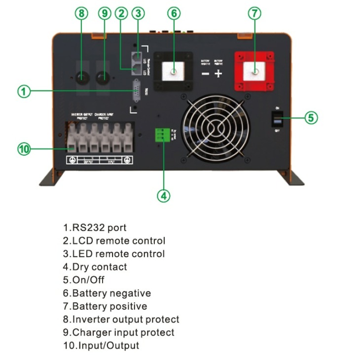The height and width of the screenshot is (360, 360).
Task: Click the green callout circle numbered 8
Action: click(x=81, y=13)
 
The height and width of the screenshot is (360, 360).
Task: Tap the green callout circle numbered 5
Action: click(x=310, y=118)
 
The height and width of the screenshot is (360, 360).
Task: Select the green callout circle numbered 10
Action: click(x=24, y=149)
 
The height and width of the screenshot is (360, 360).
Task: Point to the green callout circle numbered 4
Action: click(x=164, y=195)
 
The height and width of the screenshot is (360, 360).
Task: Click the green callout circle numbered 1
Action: click(x=24, y=91)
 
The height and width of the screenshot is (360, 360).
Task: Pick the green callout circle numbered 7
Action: click(x=254, y=13)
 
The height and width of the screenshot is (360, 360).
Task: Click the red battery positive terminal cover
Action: click(x=254, y=72)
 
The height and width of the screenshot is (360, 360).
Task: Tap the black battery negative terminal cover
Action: click(x=174, y=72)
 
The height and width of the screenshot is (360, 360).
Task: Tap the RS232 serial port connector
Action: click(x=135, y=92)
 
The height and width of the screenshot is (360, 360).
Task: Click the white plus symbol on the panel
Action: click(x=218, y=73)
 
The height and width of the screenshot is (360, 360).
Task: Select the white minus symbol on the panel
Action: click(x=205, y=74)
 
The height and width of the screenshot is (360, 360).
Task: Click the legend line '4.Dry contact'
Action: click(x=95, y=267)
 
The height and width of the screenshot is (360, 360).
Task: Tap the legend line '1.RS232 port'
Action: click(x=95, y=227)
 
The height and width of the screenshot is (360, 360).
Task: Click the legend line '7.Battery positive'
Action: click(x=105, y=306)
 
